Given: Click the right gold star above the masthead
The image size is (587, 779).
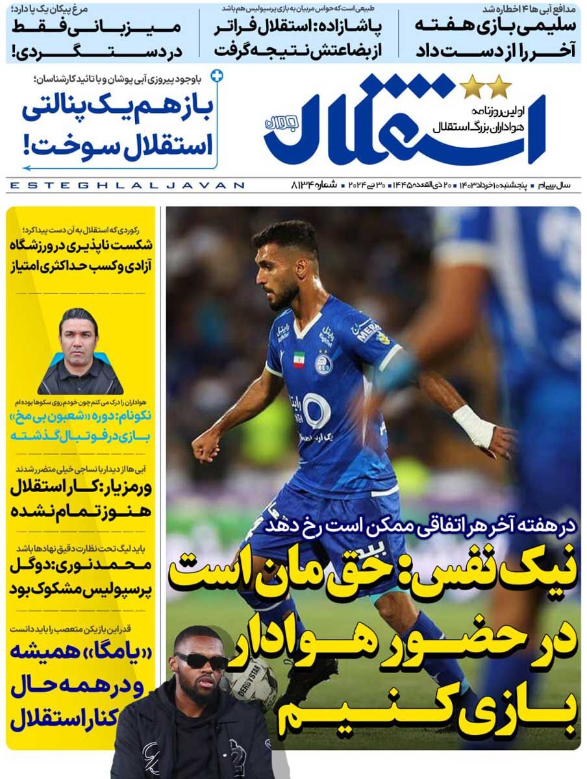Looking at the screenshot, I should click(499, 84).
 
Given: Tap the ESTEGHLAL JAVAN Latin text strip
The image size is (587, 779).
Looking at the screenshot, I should click(127, 186).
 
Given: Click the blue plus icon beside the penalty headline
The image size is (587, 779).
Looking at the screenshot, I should click(217, 77).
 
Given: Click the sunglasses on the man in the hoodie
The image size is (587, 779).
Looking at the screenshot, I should click(201, 661).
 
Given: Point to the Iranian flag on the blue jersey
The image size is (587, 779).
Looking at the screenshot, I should click(299, 359).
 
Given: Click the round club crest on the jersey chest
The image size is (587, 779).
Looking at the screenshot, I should click(323, 363).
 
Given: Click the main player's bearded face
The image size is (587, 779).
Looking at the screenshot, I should click(281, 273).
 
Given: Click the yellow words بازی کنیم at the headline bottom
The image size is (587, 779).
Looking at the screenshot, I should click(448, 713).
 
